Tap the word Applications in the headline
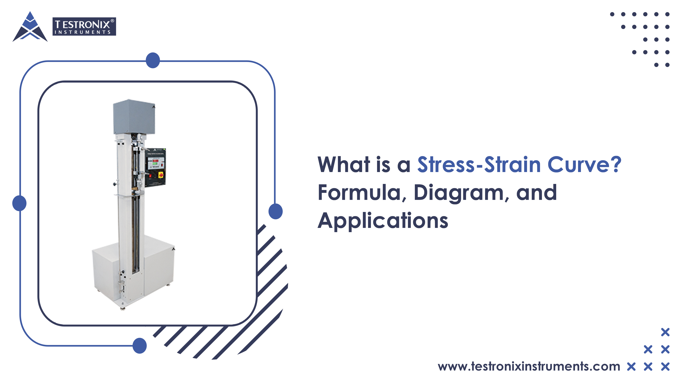click(x=383, y=220)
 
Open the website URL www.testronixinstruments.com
click(x=529, y=367)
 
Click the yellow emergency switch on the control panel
click(x=161, y=175)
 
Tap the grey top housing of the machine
click(x=134, y=117)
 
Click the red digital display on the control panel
click(x=155, y=161)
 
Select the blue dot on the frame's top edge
click(x=153, y=60)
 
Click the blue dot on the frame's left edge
click(x=19, y=203)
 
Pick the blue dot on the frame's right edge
click(x=275, y=211)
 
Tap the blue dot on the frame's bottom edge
click(x=139, y=346)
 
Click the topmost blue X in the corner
click(x=665, y=332)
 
